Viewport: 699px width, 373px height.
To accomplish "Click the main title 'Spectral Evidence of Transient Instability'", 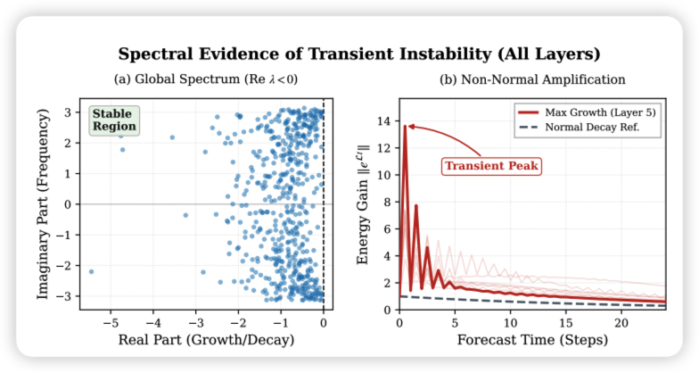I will coord(349,54).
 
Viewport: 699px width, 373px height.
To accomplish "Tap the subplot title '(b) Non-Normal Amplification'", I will coord(532,80).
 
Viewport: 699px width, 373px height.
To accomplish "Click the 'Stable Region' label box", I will coord(113,120).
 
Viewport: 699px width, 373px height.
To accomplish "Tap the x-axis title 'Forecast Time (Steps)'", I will coord(532,340).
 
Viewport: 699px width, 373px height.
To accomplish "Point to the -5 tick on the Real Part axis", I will coord(109,321).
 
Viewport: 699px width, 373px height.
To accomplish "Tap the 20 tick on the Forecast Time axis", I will coord(621,321).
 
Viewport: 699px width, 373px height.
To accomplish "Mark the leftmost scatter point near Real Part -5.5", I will coord(91,271).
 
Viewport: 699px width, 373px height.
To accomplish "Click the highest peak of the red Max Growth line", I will coord(405,126).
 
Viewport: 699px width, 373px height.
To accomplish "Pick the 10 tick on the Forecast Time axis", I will coord(510,321).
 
